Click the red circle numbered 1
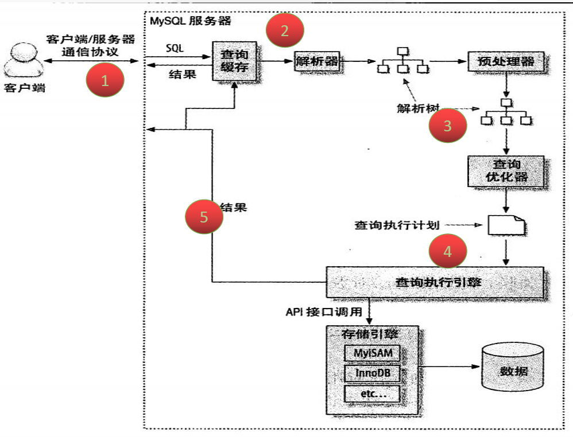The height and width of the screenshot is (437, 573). [105, 81]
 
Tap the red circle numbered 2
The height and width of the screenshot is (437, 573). [285, 31]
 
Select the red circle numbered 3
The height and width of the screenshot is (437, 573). [448, 126]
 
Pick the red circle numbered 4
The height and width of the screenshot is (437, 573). [448, 251]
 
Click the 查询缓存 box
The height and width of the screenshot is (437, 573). [234, 61]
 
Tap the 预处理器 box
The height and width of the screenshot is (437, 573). [505, 61]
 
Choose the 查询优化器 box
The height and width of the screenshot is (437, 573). [505, 171]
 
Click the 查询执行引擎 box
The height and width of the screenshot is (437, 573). [435, 282]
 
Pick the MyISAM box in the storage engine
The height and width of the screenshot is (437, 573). [371, 353]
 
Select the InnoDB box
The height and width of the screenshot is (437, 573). [371, 373]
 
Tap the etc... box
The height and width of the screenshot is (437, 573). [371, 394]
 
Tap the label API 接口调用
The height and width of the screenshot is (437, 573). [323, 312]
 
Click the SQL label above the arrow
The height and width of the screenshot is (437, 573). [175, 49]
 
